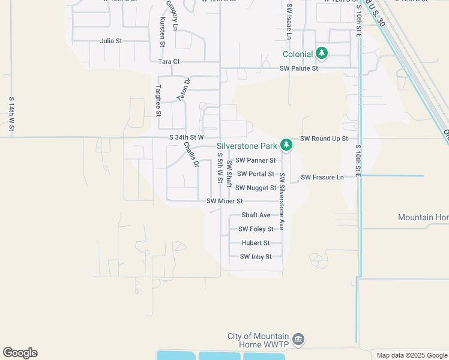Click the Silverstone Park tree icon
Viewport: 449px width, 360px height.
click(x=287, y=145)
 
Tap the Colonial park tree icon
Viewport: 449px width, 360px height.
click(x=322, y=53)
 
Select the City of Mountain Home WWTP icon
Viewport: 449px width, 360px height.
click(x=298, y=340)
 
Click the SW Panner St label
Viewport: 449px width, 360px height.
click(x=255, y=160)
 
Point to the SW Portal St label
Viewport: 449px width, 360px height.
click(x=255, y=174)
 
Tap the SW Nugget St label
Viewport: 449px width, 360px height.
click(x=256, y=188)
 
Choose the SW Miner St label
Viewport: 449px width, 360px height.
click(x=224, y=201)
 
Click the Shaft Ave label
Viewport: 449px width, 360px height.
click(x=256, y=215)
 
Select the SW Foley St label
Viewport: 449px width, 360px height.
click(x=256, y=229)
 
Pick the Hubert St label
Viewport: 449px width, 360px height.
click(x=255, y=243)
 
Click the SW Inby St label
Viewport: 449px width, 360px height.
click(x=256, y=257)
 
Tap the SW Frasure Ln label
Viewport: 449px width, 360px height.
click(x=322, y=177)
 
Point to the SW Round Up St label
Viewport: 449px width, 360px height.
click(x=324, y=138)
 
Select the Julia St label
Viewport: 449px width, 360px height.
click(x=111, y=41)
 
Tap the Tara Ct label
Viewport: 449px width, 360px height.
click(x=169, y=61)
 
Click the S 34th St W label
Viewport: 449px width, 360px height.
click(x=187, y=137)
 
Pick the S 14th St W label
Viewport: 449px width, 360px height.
click(x=11, y=114)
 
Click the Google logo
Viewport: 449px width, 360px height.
click(x=20, y=353)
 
